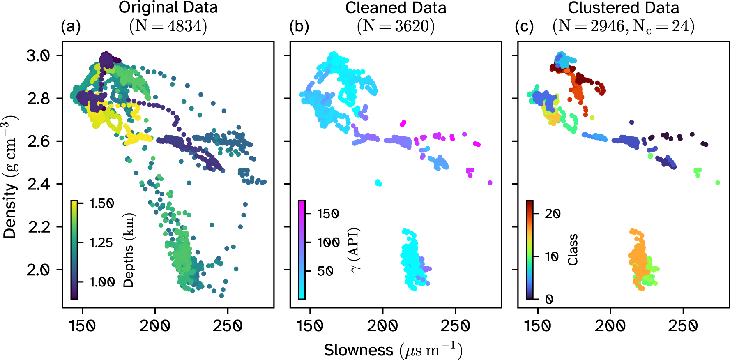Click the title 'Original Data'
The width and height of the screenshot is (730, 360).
coord(168,8)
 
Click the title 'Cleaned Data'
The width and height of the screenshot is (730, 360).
coord(396,8)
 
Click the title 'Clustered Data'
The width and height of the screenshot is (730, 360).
coord(623,8)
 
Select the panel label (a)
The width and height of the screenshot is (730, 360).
coord(71,27)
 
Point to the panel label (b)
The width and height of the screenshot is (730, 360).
coord(299,27)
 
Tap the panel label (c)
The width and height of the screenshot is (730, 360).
coord(524,27)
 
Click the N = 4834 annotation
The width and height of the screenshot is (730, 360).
coord(168,26)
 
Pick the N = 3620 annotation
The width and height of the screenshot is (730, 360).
coord(396,26)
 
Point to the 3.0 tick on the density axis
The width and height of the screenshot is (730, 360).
coord(38,55)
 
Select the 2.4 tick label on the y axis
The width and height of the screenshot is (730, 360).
coord(38,184)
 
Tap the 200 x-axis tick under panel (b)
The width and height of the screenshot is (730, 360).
coord(382,326)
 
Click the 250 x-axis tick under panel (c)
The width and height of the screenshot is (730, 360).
coord(683,326)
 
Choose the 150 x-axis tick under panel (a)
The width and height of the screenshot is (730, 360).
coord(82,326)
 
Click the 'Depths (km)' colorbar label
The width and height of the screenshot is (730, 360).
coord(129,250)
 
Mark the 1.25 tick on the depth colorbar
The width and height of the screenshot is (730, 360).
coord(101,242)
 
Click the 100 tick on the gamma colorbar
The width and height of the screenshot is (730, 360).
coord(328,242)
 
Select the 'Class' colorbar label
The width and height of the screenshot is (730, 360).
coord(573,250)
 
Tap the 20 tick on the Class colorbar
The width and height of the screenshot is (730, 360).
coord(553,213)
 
